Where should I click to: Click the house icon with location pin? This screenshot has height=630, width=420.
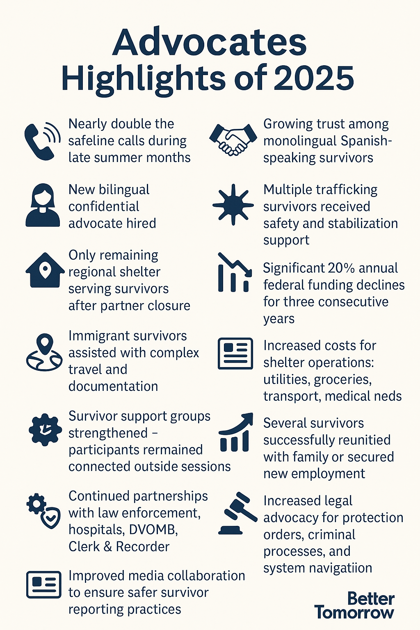(x=45, y=272)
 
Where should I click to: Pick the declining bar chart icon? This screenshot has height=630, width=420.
(x=234, y=272)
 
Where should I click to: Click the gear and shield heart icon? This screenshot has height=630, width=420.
(x=43, y=511)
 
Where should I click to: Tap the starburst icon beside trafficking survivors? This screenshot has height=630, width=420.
(x=233, y=204)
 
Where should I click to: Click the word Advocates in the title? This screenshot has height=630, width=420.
(x=209, y=43)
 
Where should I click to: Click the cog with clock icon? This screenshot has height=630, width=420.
(x=45, y=430)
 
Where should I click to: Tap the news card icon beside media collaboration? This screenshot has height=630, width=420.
(x=43, y=585)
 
